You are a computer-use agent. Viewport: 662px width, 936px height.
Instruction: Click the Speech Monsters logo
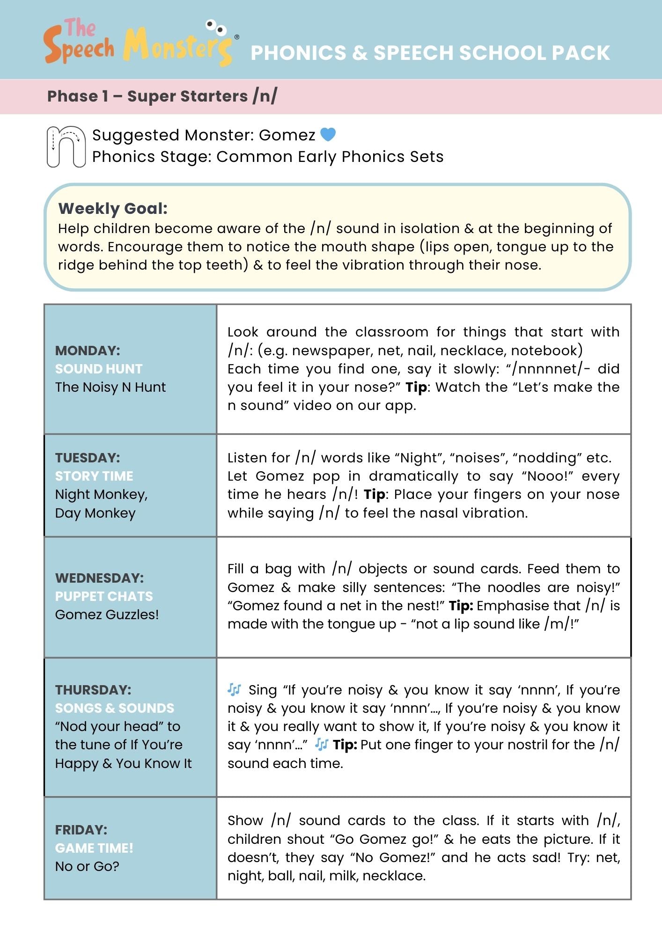tap(139, 42)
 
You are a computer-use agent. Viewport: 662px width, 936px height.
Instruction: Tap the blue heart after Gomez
tap(328, 134)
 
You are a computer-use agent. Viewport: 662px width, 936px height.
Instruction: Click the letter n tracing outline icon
tap(66, 146)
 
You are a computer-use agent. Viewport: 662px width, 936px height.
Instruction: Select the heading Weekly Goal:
tap(112, 208)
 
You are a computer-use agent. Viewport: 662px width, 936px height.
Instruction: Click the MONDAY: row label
tap(88, 350)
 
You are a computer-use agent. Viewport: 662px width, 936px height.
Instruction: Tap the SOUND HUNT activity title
tap(98, 369)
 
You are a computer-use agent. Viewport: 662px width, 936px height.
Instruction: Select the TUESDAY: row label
tap(88, 457)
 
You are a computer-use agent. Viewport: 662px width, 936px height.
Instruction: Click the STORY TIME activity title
tap(94, 476)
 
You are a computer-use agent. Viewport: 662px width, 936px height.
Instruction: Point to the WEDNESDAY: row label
tap(99, 578)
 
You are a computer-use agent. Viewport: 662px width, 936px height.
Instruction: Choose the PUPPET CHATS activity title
tap(104, 596)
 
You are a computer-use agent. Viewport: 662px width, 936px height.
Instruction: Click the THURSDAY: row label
tap(93, 689)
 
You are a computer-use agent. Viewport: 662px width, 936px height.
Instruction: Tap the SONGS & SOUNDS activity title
tap(114, 708)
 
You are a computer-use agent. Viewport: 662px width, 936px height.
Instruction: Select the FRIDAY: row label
tap(81, 829)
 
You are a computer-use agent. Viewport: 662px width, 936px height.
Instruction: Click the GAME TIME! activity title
tap(94, 848)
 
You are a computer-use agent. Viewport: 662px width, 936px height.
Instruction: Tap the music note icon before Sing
tap(234, 689)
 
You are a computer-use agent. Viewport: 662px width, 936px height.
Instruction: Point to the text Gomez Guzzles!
tap(107, 614)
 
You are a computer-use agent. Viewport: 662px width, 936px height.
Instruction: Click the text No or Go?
tap(87, 866)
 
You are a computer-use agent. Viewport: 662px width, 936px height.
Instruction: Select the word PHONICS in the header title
tap(297, 53)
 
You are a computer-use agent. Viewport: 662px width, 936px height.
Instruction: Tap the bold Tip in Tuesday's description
tap(375, 494)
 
